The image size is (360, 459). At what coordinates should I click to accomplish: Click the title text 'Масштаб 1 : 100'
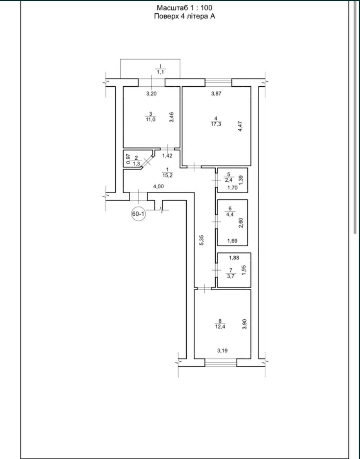184,7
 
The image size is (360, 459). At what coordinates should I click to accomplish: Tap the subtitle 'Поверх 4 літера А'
185,16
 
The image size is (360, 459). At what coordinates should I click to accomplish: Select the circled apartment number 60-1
138,214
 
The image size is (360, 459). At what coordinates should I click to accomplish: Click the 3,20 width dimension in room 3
152,94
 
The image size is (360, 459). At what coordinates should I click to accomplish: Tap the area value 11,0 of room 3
151,119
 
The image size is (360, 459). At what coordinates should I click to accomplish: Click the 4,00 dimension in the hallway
158,186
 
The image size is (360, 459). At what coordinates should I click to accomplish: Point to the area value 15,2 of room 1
168,175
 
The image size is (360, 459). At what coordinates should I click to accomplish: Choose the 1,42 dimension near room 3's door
167,155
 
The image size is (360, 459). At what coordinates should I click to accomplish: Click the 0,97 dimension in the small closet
128,158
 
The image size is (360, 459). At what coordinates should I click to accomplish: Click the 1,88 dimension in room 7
234,258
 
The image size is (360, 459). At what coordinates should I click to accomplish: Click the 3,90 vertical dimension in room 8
245,324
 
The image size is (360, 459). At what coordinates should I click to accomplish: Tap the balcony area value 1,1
160,72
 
